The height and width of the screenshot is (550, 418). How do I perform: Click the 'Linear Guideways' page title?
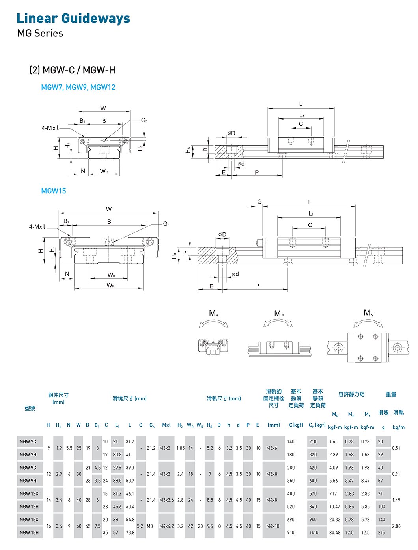tap(73, 19)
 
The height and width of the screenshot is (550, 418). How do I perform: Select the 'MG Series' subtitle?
tap(40, 33)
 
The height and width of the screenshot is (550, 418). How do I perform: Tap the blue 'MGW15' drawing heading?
tap(54, 191)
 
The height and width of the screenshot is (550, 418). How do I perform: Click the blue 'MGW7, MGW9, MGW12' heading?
tap(78, 87)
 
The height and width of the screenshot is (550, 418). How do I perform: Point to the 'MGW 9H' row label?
tap(28, 480)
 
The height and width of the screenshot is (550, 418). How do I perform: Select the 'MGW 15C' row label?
tap(29, 520)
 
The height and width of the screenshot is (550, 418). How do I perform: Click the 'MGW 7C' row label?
tap(28, 441)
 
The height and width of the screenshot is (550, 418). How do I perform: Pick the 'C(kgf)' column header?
tap(296, 425)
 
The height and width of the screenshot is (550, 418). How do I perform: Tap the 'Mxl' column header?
tap(166, 425)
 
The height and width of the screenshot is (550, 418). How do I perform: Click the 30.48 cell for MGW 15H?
tap(335, 533)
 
